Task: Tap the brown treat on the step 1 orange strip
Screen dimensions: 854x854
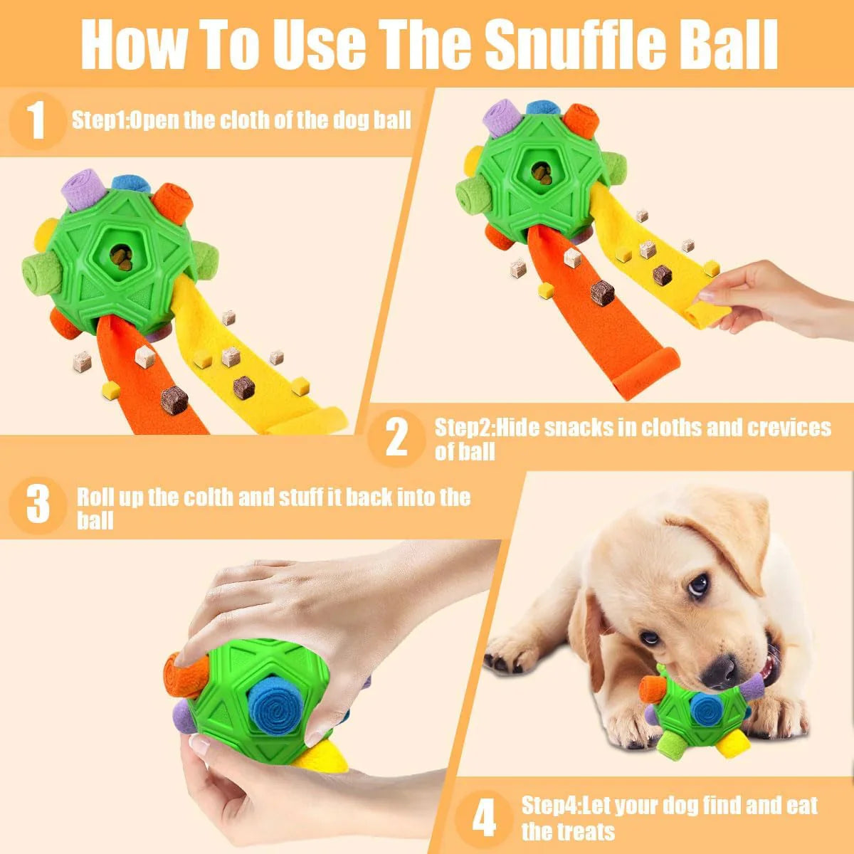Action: pos(174,399)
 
